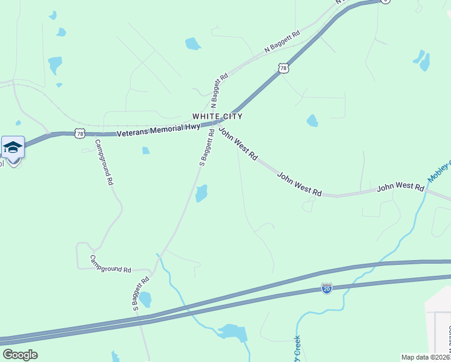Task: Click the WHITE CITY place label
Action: tap(217, 116)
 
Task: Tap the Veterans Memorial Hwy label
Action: tap(158, 130)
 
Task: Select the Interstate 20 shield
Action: tap(326, 288)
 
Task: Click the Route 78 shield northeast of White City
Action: tap(283, 68)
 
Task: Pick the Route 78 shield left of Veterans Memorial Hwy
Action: tap(81, 133)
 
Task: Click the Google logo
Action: tap(20, 354)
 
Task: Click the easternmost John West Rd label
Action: tap(400, 187)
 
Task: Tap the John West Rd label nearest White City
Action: tap(238, 143)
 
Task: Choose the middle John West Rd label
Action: tap(299, 184)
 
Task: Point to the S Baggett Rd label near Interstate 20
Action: tap(140, 293)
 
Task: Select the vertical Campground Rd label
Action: tap(103, 162)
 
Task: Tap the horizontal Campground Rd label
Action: tap(110, 264)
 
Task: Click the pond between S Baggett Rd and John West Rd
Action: tap(201, 194)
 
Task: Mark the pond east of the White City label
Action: tap(312, 121)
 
